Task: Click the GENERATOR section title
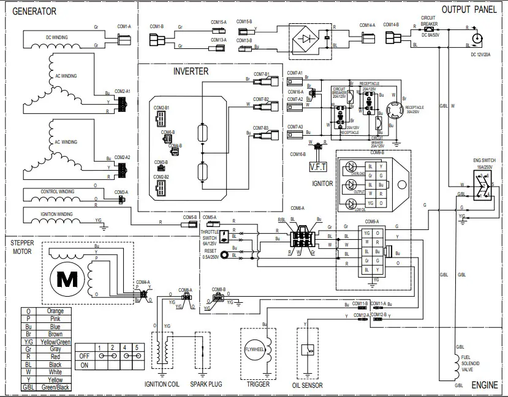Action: [34, 12]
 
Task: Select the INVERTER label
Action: [191, 72]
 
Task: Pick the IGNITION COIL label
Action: [162, 384]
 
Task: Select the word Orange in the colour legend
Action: [55, 311]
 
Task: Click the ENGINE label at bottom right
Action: [484, 385]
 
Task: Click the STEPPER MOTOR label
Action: [22, 247]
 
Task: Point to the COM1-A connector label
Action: [124, 26]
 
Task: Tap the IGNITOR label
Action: [322, 183]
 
